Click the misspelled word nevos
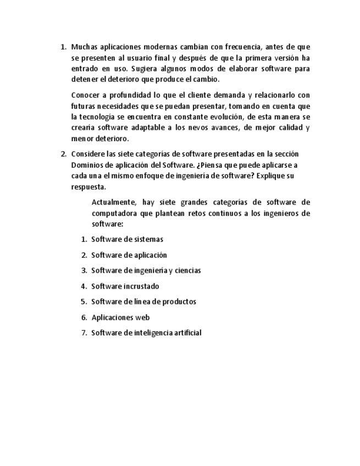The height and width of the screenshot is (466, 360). [x=184, y=128]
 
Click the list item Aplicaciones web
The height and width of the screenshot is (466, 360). [x=120, y=318]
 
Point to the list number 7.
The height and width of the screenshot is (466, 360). [x=84, y=333]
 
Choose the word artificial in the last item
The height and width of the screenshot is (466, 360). [x=186, y=333]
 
